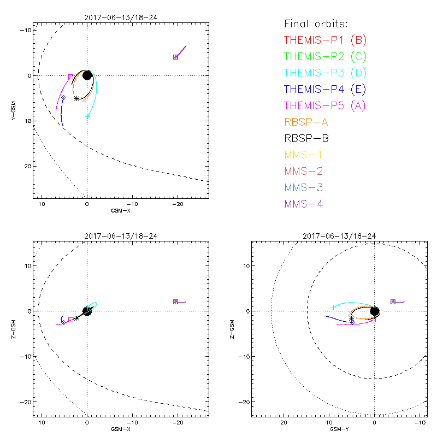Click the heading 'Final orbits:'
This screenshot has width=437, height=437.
[316, 23]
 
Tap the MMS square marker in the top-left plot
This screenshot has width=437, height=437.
[176, 57]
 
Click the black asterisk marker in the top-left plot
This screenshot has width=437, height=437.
[77, 98]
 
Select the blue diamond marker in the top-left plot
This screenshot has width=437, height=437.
[63, 97]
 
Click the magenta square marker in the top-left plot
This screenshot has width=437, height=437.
[70, 77]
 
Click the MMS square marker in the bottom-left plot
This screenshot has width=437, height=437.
[176, 302]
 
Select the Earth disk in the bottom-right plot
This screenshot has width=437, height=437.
[374, 311]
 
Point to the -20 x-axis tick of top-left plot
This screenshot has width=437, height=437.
[176, 204]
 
